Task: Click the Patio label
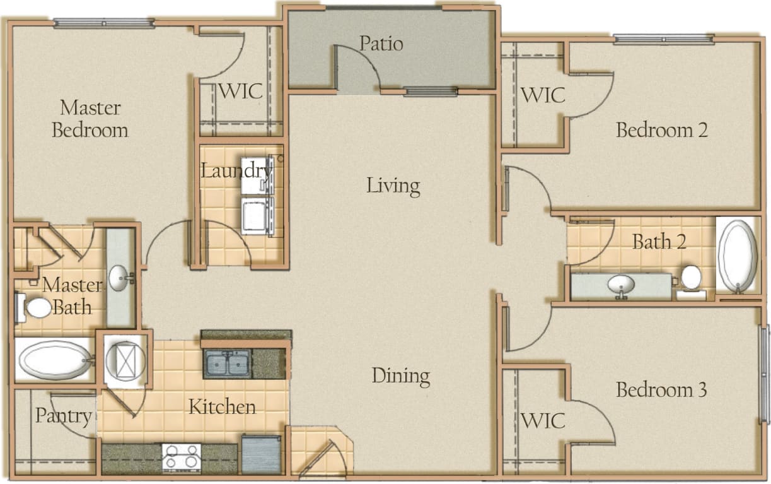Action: click(x=381, y=44)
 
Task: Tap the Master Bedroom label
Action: click(x=90, y=119)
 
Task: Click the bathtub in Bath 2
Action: click(x=737, y=256)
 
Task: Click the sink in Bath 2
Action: click(x=621, y=286)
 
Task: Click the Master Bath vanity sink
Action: click(x=120, y=278)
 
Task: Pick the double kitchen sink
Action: click(x=227, y=363)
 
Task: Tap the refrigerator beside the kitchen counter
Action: click(x=261, y=454)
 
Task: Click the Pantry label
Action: click(x=63, y=416)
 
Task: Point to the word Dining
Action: click(x=401, y=376)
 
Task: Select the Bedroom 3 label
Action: click(x=661, y=389)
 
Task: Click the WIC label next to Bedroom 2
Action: click(x=542, y=97)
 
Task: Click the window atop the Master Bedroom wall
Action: click(x=104, y=23)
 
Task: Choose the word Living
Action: click(x=393, y=186)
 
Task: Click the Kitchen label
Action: click(x=222, y=406)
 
